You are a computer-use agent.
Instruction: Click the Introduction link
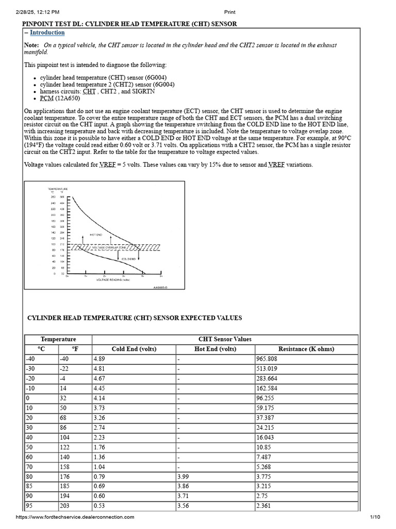click(x=47, y=33)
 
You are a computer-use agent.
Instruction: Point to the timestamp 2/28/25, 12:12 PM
click(x=38, y=12)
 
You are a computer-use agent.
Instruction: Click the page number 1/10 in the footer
click(x=375, y=517)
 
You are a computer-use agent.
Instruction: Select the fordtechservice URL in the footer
click(x=75, y=517)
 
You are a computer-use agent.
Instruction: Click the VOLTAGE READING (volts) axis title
click(x=113, y=279)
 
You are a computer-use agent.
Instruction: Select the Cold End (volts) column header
click(x=134, y=349)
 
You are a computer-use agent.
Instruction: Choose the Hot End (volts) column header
click(x=215, y=349)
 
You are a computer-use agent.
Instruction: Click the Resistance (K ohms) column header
click(x=306, y=349)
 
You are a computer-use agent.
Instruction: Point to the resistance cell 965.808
click(x=267, y=358)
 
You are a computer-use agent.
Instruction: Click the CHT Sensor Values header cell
click(x=225, y=339)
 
